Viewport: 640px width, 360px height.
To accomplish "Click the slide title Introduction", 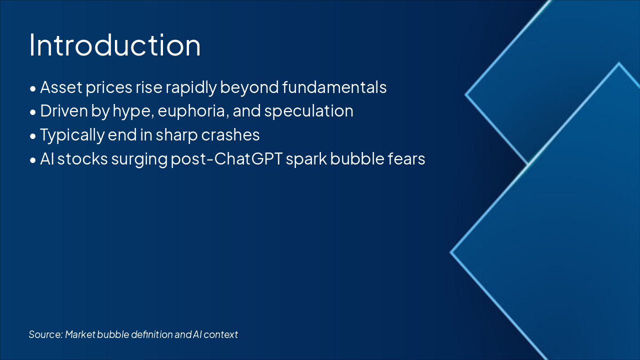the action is (x=115, y=45).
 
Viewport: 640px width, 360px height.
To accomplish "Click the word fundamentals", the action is (x=334, y=87).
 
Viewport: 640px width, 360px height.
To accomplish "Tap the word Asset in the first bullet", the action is (x=61, y=87).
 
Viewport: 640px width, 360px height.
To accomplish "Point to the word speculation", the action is (x=308, y=111).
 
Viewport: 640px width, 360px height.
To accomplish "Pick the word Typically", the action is (x=72, y=135).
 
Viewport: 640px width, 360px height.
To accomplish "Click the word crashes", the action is (x=230, y=135).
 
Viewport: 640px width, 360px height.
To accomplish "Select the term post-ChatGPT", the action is (x=226, y=159).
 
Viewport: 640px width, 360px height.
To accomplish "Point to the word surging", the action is (x=139, y=159).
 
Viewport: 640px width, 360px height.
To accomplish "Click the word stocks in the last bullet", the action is (x=82, y=159).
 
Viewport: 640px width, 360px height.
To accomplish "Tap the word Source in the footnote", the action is (x=45, y=334).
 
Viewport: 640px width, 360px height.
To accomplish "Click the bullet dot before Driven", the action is (x=33, y=112).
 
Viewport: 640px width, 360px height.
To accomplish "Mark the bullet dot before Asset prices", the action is (x=33, y=88).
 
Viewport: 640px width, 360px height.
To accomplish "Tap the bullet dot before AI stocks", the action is (x=33, y=160).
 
